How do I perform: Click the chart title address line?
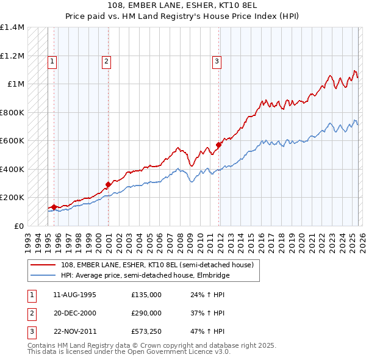click(182, 5)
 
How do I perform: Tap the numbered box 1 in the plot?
click(52, 61)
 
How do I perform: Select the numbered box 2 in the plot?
click(106, 61)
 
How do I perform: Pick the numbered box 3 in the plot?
click(217, 61)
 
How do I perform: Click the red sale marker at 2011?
click(218, 145)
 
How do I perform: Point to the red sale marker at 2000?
click(108, 184)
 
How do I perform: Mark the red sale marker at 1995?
click(54, 207)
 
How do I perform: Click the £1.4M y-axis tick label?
click(12, 27)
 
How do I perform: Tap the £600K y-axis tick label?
click(12, 141)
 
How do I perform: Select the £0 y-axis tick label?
click(19, 226)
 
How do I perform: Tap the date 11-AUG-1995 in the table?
click(74, 295)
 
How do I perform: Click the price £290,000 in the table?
click(146, 313)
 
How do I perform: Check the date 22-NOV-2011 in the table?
click(75, 331)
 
